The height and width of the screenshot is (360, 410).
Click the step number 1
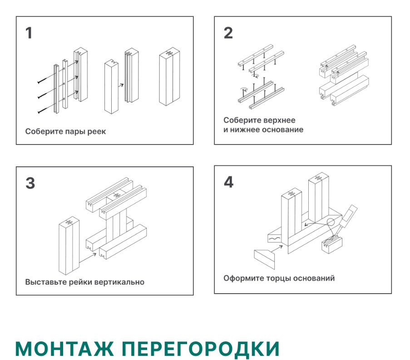(x=29, y=34)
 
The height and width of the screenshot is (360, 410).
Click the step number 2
(x=228, y=33)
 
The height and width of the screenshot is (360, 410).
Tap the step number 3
(x=30, y=183)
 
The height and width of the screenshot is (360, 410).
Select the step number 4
(x=228, y=182)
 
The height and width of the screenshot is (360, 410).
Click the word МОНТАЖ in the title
(x=64, y=349)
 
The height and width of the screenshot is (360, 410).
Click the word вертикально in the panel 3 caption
(x=119, y=282)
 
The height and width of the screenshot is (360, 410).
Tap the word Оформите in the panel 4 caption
(x=241, y=278)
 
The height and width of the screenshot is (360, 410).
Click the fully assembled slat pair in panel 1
(x=168, y=77)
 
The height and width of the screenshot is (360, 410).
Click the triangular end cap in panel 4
(x=265, y=257)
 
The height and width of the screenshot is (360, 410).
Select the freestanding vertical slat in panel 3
(x=69, y=245)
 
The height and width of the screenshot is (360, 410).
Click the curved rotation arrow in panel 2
(x=244, y=90)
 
